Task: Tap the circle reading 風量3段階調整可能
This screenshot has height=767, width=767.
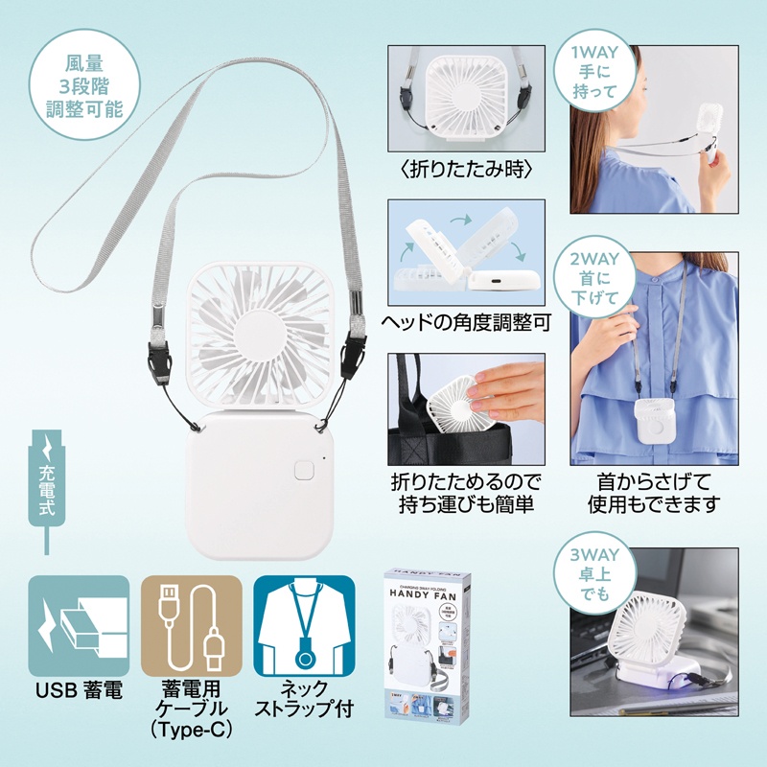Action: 84,86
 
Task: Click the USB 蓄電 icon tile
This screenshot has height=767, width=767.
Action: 79,626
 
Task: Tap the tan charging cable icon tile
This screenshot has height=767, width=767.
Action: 186,626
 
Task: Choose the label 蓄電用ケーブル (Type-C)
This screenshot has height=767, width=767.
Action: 186,709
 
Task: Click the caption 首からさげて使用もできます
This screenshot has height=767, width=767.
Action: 656,490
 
